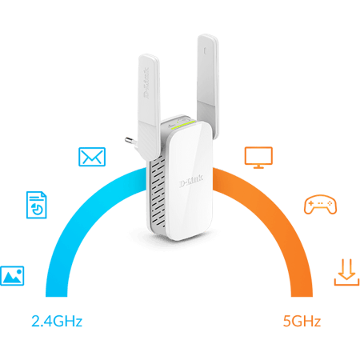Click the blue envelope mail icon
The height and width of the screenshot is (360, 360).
(92, 157)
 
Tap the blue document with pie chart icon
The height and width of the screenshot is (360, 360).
(37, 205)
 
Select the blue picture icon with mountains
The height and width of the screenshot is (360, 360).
(12, 276)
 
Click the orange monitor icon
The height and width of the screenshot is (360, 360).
(258, 158)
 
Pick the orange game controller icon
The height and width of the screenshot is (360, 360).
(320, 205)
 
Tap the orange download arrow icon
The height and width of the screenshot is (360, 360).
(346, 272)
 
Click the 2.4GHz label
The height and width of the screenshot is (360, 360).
(57, 321)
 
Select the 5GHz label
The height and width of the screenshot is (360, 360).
(302, 321)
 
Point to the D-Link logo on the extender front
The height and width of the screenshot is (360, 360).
(191, 182)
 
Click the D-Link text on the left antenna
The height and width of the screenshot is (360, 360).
(146, 83)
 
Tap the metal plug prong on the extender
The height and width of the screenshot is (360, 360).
(130, 141)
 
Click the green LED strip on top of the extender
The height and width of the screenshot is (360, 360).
(183, 125)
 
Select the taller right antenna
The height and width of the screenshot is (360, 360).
(208, 86)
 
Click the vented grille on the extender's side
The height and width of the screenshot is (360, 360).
(158, 194)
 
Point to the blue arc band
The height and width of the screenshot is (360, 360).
(80, 214)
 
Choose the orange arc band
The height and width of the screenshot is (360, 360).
(278, 214)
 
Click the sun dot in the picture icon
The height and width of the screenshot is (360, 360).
(19, 272)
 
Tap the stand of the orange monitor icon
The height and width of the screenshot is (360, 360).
(258, 166)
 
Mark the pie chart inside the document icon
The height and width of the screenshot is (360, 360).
(37, 209)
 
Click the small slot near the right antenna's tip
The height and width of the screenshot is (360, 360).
(205, 50)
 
